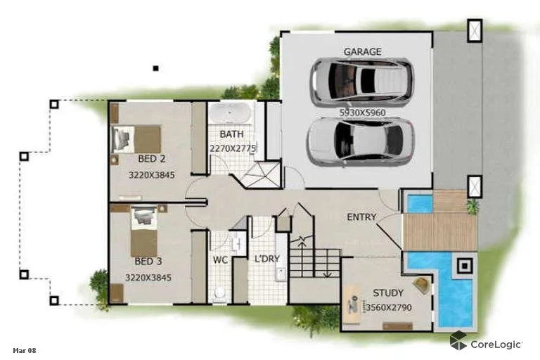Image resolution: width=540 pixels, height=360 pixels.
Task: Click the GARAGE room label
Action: coord(362,51)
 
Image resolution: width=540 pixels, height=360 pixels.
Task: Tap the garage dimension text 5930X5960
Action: coord(361,112)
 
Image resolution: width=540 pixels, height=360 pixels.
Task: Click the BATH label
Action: coord(231,134)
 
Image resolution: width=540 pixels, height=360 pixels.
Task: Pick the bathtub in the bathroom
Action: coord(231,113)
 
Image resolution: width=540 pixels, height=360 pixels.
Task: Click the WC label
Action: coord(221,259)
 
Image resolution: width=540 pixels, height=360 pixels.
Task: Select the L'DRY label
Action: coord(267,259)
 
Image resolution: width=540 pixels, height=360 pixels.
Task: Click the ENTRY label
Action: coord(361,217)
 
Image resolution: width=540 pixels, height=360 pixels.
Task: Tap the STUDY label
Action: coord(388,292)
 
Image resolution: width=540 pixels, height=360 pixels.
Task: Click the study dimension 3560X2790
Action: coord(388,307)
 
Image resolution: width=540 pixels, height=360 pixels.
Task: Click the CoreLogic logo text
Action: coord(496,344)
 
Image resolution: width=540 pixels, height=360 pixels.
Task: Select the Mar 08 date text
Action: coord(24,349)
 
